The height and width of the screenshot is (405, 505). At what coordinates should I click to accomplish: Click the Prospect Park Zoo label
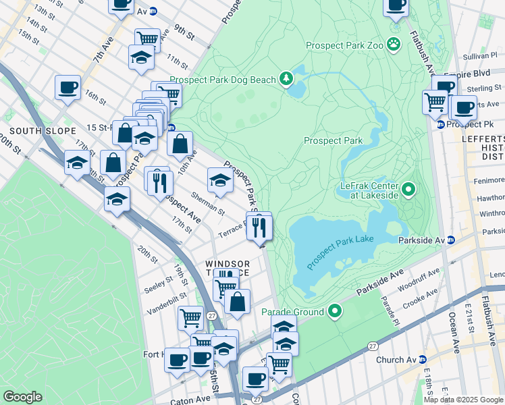pyautogui.click(x=344, y=45)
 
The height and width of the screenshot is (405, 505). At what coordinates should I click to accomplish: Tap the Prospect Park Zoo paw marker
pyautogui.click(x=394, y=45)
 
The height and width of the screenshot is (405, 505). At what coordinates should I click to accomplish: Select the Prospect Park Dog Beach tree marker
pyautogui.click(x=287, y=80)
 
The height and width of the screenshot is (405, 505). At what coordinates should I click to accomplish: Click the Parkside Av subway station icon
pyautogui.click(x=451, y=240)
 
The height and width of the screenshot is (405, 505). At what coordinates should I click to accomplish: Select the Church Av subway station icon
pyautogui.click(x=423, y=360)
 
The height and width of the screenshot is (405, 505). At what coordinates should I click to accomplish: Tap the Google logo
pyautogui.click(x=22, y=397)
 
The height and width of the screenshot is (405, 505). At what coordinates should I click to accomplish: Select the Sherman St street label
pyautogui.click(x=208, y=202)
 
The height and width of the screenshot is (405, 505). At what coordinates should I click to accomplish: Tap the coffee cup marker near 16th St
pyautogui.click(x=68, y=88)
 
